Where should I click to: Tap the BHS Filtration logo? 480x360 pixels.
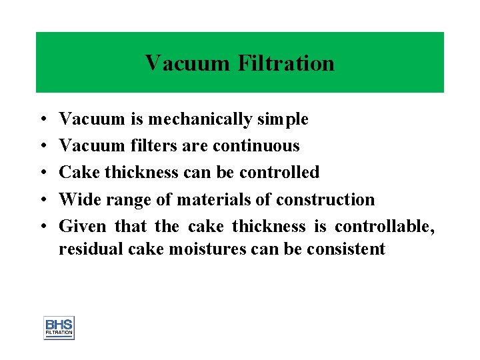click(x=59, y=327)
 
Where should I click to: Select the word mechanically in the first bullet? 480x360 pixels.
click(x=200, y=119)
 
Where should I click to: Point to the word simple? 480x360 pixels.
click(x=283, y=119)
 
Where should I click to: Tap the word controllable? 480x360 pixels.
click(x=385, y=227)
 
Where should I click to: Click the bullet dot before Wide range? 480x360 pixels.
click(x=42, y=200)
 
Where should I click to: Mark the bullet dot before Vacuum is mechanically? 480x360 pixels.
click(x=42, y=120)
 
